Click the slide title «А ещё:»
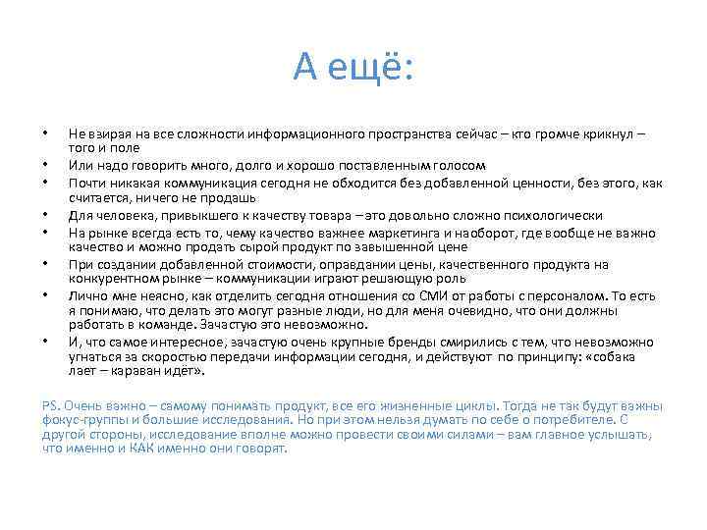[353, 68]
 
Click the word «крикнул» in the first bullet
[598, 132]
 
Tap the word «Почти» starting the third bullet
[85, 183]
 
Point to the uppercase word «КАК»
[140, 448]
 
